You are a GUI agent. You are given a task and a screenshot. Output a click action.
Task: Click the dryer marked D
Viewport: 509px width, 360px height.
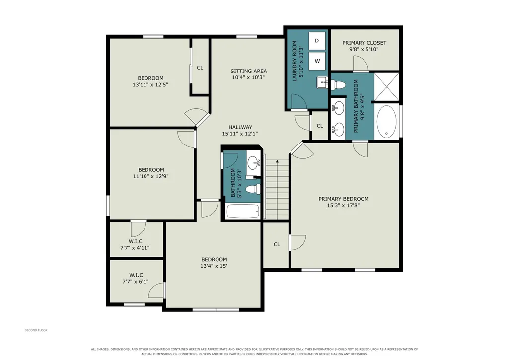pos(317,41)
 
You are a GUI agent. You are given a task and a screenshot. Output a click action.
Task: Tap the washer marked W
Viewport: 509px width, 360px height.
pos(317,61)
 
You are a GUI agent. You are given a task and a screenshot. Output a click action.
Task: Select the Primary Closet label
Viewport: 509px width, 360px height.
pos(364,43)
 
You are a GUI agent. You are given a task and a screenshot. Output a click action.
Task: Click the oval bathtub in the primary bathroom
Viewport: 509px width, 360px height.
pos(387,122)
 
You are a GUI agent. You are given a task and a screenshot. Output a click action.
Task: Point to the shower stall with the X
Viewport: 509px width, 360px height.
pos(386,87)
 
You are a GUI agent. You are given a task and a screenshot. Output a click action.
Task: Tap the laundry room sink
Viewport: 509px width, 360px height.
pos(323,83)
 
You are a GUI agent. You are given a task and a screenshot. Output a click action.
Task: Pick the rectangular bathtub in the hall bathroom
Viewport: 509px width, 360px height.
pos(243,212)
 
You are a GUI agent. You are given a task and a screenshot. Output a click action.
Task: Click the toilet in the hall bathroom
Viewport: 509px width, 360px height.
pos(253,189)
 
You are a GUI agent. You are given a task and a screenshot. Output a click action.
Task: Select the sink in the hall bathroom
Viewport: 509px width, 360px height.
pos(254,162)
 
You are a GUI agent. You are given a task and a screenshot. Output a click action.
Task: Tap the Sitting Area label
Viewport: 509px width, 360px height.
pos(249,71)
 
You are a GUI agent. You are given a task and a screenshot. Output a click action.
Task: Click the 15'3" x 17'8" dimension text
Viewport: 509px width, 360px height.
pos(344,205)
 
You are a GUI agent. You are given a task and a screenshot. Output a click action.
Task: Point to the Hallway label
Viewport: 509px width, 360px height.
pos(240,127)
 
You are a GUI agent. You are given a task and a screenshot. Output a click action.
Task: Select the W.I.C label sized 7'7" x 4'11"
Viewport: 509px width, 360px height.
pos(135,241)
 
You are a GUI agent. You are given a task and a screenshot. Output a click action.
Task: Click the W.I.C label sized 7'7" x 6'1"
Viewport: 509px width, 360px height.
pos(136,275)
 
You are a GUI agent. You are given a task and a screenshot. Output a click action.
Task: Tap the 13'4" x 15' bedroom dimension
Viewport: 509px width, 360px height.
pos(214,266)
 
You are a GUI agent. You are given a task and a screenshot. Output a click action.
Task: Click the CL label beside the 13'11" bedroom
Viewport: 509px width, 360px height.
pos(200,68)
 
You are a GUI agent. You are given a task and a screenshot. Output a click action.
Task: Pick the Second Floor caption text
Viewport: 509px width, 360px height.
pos(36,330)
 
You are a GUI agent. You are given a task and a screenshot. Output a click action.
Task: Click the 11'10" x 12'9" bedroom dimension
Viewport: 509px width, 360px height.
pos(150,176)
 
